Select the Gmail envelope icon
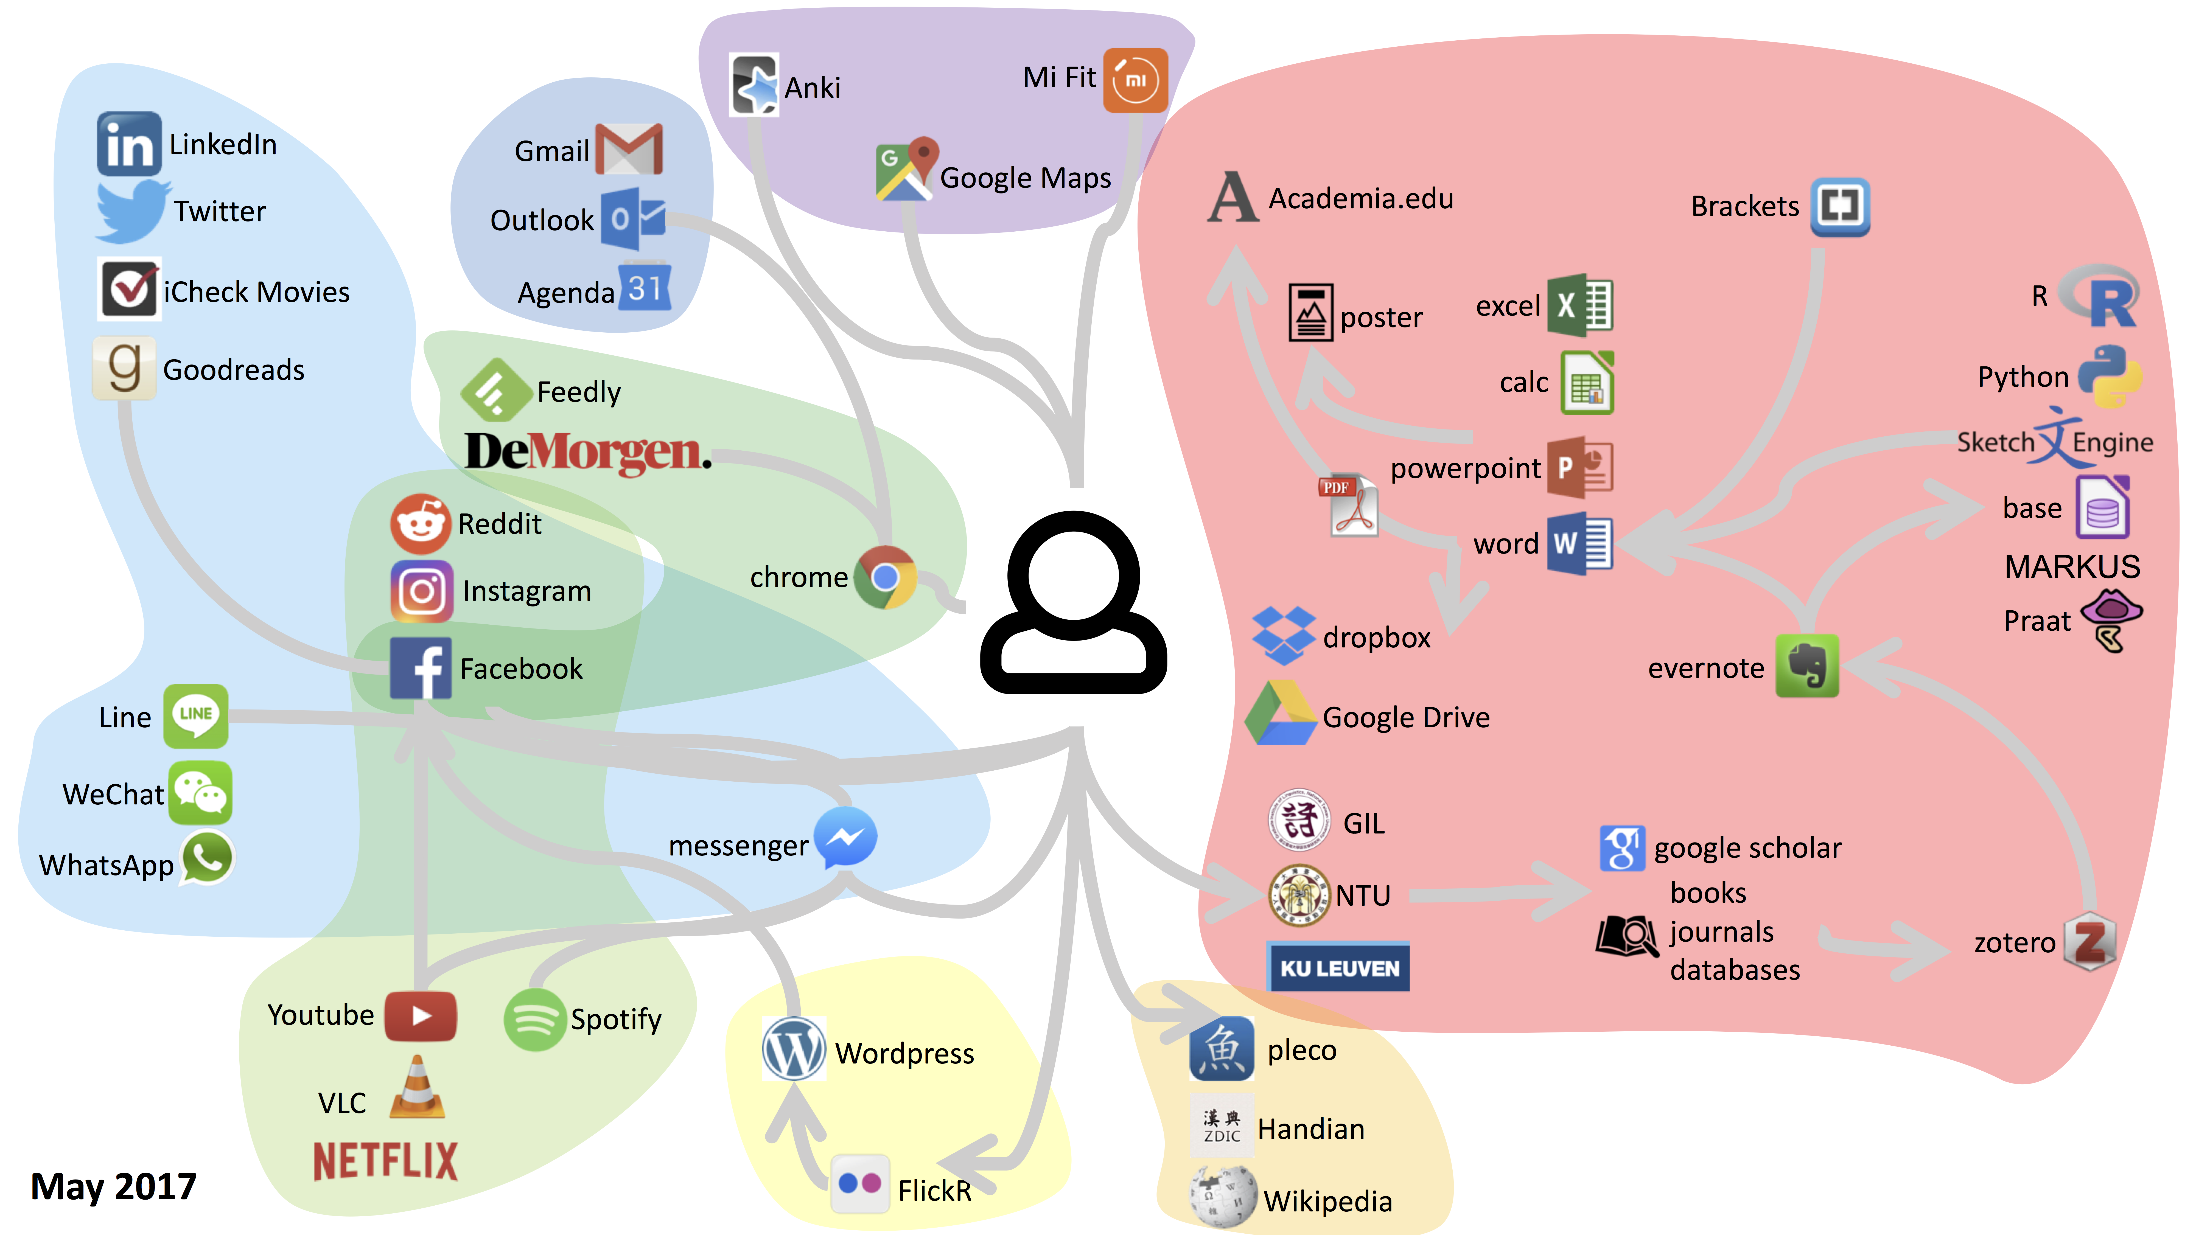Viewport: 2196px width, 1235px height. click(629, 149)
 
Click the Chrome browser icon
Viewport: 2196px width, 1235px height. click(886, 577)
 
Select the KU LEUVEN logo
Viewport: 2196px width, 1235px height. click(1338, 967)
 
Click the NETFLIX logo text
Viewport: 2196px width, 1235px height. click(385, 1161)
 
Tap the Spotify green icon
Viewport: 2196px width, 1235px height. click(534, 1019)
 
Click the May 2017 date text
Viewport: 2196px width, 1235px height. click(113, 1186)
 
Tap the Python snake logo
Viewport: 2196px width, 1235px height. click(2109, 376)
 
